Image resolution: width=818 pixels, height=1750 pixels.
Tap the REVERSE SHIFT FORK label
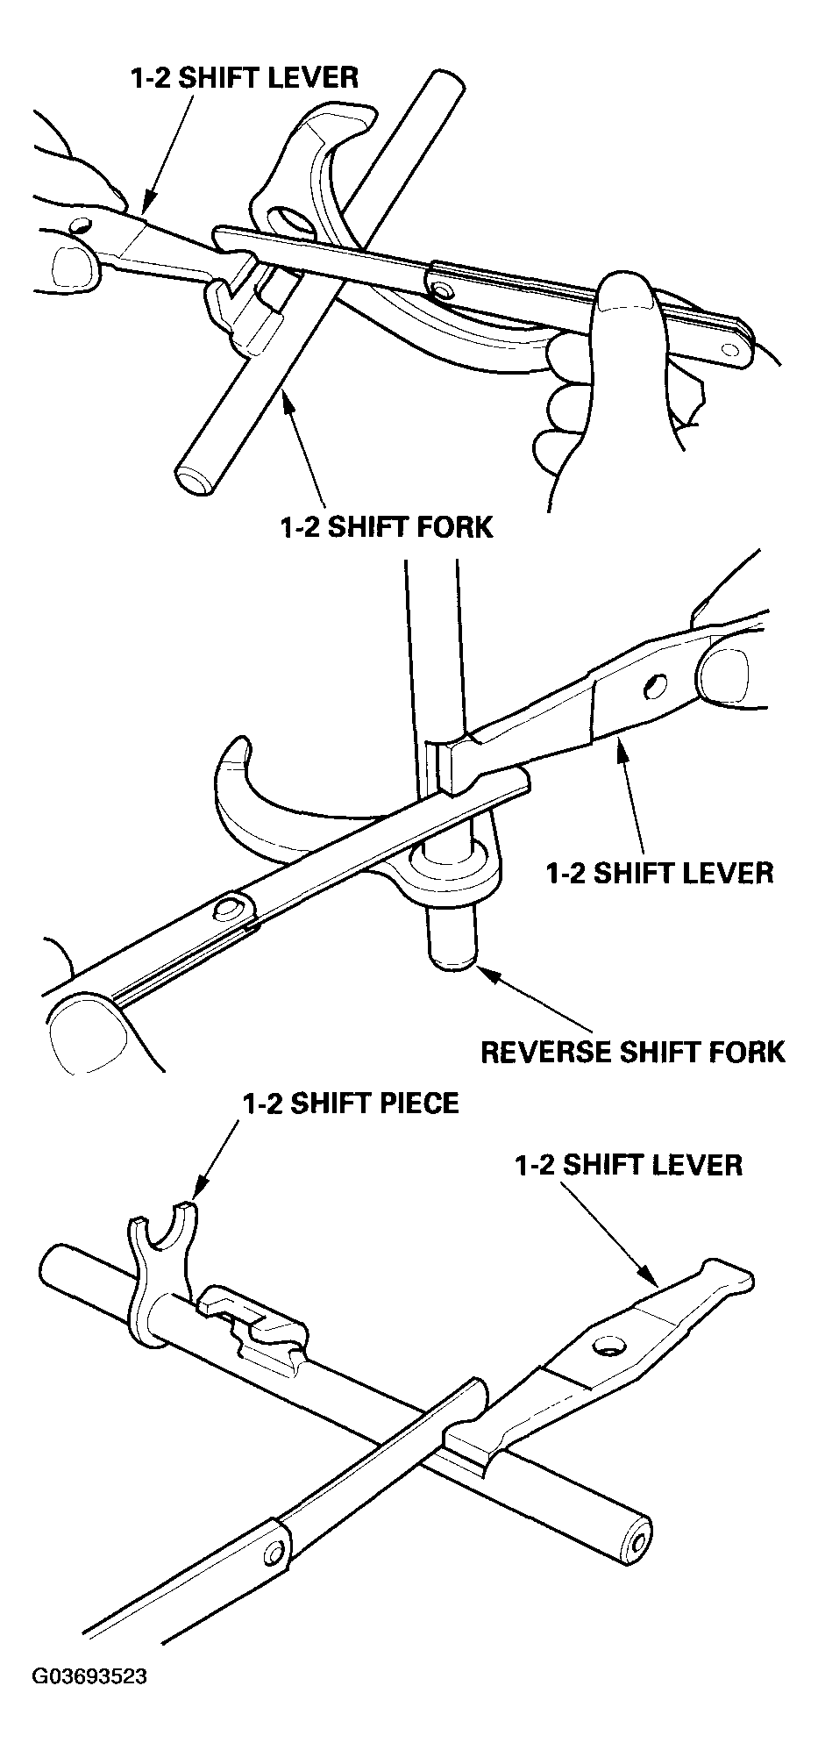[x=633, y=1051]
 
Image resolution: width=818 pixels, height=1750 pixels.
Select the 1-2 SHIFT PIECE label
[x=351, y=1103]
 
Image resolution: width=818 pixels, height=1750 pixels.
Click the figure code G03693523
[x=89, y=1676]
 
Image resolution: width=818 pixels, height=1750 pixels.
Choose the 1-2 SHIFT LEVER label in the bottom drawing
[x=629, y=1164]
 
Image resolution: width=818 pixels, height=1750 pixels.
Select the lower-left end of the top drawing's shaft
[x=195, y=480]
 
